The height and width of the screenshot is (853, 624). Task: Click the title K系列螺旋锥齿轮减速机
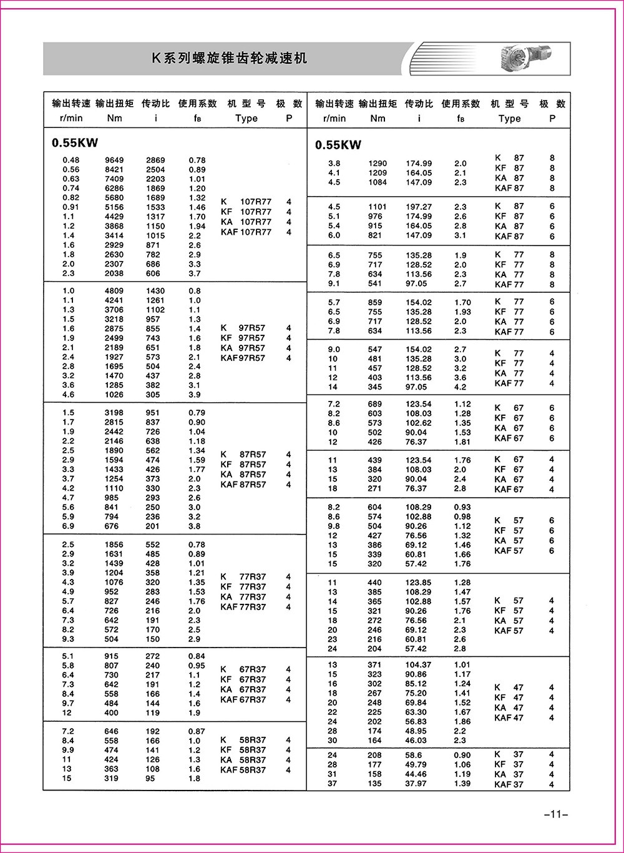229,59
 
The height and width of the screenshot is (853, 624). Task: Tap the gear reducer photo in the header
527,58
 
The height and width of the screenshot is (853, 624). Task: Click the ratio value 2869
155,160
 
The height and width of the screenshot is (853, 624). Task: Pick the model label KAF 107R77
246,232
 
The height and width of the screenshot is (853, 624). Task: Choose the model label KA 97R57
243,348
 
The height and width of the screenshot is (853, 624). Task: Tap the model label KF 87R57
243,465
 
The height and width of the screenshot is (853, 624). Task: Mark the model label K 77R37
243,576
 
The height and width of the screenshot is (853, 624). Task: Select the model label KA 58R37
243,761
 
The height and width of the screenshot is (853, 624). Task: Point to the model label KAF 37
509,785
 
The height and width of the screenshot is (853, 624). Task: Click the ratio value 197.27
419,207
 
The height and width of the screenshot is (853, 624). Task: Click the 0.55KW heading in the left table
75,143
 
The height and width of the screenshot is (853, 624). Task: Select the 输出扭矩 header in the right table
378,104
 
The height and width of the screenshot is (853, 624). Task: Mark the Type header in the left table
246,118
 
